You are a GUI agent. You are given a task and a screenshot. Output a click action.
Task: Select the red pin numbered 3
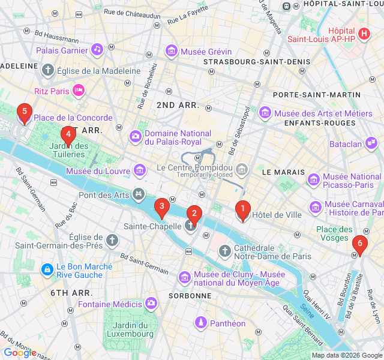(x=161, y=208)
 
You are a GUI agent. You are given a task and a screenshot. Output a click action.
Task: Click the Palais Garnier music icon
(x=97, y=50)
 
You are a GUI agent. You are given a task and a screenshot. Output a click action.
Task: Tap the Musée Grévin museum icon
(x=172, y=51)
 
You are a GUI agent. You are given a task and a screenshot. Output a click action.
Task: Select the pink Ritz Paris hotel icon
(x=78, y=91)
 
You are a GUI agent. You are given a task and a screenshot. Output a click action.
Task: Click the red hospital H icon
(x=363, y=32)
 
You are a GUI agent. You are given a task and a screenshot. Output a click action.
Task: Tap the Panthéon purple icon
(x=200, y=323)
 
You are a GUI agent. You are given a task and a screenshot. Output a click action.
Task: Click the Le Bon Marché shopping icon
(x=47, y=271)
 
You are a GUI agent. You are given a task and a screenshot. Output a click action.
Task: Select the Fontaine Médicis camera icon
(x=151, y=303)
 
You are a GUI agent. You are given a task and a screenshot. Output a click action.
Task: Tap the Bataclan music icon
(x=372, y=143)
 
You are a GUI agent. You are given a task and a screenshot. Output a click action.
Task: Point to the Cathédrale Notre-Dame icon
(x=224, y=251)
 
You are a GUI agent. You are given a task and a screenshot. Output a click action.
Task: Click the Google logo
(x=20, y=353)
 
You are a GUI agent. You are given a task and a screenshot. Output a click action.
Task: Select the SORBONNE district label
(x=190, y=296)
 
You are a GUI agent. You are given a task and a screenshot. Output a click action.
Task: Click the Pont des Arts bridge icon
(x=139, y=194)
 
